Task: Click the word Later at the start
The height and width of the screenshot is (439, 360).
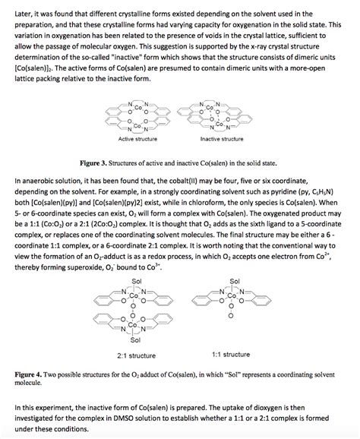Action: coord(24,13)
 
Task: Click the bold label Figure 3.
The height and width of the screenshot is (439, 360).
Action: coord(109,162)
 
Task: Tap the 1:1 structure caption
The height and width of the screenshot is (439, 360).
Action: coord(231,354)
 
